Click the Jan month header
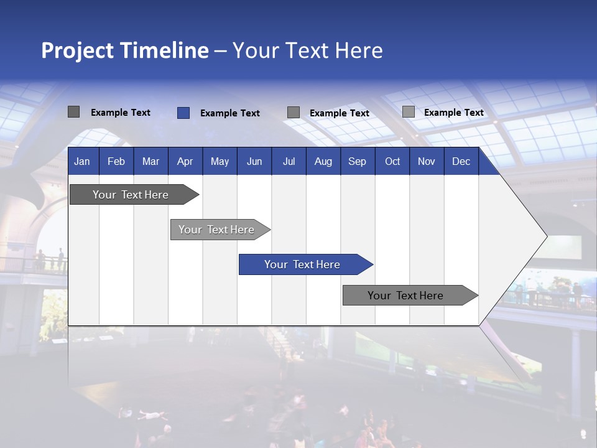tap(82, 161)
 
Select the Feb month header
tap(116, 161)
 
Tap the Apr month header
tap(185, 161)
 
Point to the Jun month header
tap(254, 161)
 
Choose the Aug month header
tap(323, 161)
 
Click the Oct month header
tap(392, 161)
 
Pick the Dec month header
tap(461, 161)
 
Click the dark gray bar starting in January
tap(131, 195)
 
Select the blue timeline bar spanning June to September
tap(303, 264)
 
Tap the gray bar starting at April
tap(217, 230)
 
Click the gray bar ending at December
tap(406, 296)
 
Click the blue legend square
tap(183, 113)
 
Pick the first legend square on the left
tap(73, 112)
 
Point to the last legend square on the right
tap(408, 112)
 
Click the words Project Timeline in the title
tap(124, 50)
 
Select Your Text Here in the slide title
tap(307, 50)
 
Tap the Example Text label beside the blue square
tap(229, 113)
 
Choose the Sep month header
tap(357, 161)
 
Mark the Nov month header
tap(426, 161)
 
